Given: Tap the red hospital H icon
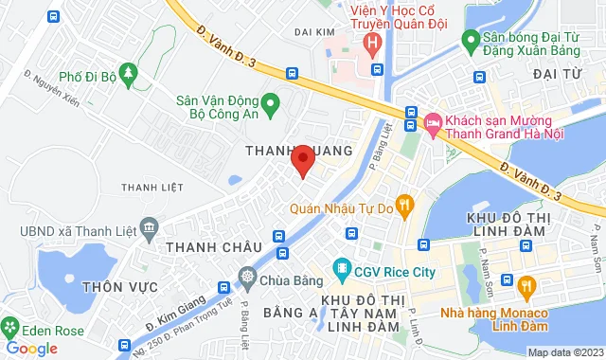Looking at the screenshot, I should point(373,43).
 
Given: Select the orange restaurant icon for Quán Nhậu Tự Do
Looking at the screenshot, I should point(404,203).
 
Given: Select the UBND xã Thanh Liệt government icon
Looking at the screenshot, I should point(149,227).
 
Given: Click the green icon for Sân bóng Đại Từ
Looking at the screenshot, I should point(469,40).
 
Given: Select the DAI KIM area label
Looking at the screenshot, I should point(316,32).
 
